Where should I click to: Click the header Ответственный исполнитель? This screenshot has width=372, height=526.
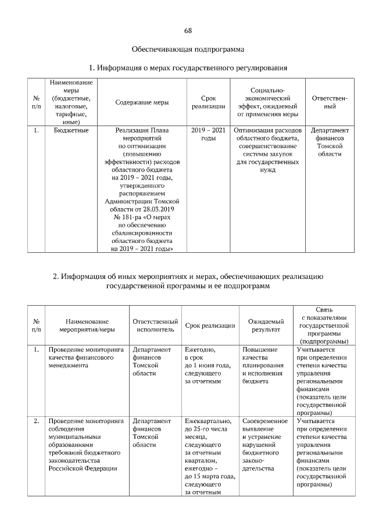(x=155, y=325)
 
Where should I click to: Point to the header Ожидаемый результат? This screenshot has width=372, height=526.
(x=266, y=325)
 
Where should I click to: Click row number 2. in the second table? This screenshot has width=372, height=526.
(x=36, y=420)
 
